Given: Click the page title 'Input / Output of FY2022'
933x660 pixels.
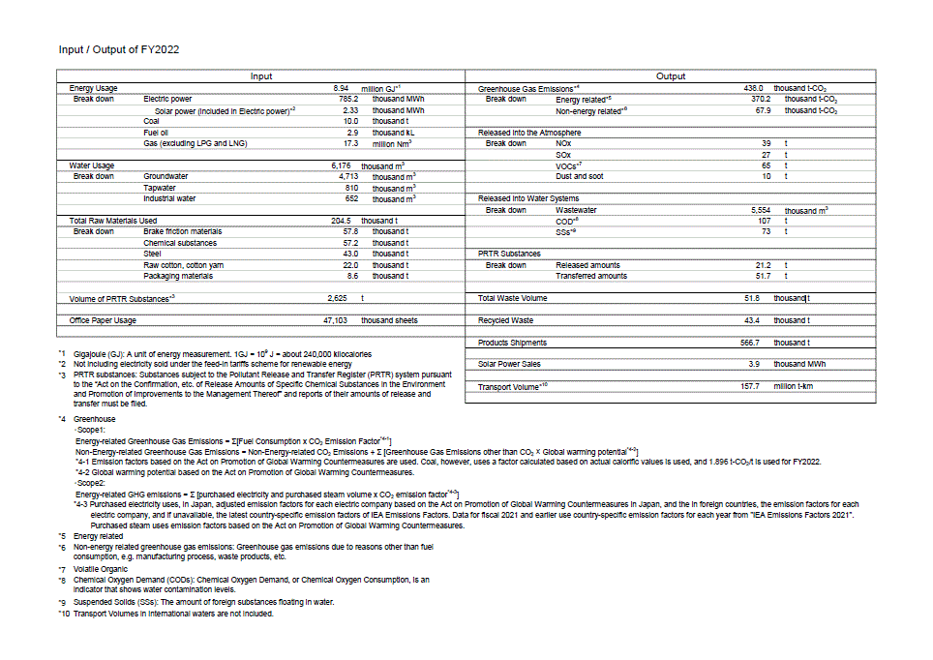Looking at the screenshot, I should pos(119,49).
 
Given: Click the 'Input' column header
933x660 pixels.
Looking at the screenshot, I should pos(261,76).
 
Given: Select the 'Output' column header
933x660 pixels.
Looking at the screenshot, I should pos(671,76).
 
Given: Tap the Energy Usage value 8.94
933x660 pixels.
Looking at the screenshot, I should pos(327,88).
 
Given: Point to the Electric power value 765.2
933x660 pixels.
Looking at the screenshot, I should pos(348,99).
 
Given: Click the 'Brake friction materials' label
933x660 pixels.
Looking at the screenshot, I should pos(182,231).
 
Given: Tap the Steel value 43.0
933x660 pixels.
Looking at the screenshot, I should pos(350,254).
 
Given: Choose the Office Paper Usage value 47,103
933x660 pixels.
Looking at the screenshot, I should pos(335,319).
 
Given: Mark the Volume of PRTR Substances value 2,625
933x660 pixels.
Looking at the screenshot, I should pos(337,298).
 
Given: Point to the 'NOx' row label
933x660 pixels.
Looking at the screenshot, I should pos(563,143).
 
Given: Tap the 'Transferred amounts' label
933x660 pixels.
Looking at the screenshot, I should pos(590,276).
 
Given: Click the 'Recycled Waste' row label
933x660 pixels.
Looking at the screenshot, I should pos(505,319).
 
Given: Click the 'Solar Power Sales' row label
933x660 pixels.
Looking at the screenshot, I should pos(510,364).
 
